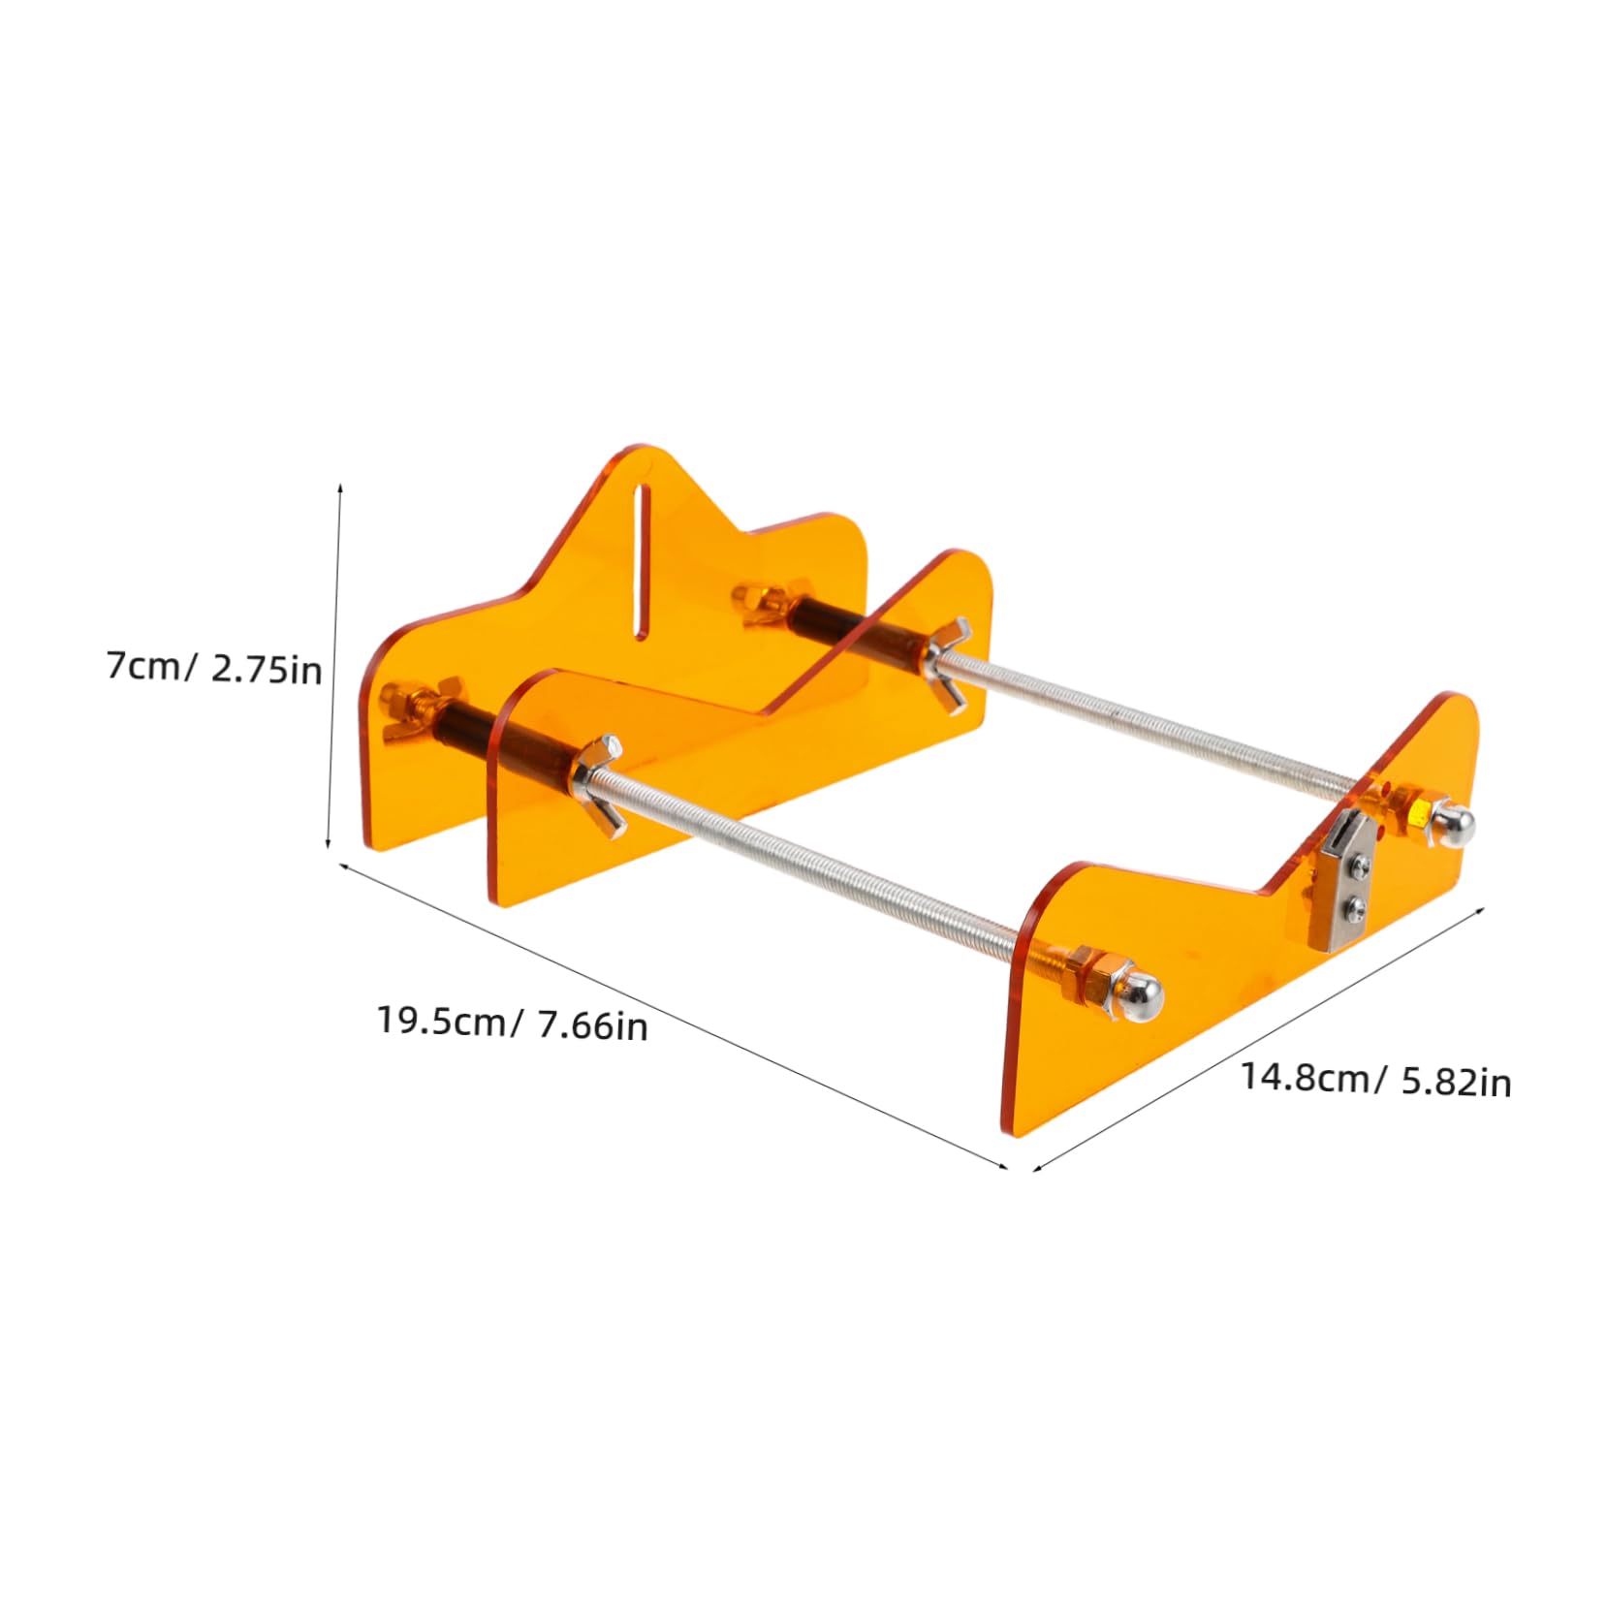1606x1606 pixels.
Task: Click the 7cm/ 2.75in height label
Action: pyautogui.click(x=214, y=668)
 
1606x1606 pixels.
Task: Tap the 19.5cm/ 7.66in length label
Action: pyautogui.click(x=512, y=1023)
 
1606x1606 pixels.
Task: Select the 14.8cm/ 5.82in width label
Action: pyautogui.click(x=1375, y=1079)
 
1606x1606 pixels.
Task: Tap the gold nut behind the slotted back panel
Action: pyautogui.click(x=765, y=601)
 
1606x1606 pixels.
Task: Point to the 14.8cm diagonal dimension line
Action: pyautogui.click(x=1260, y=1037)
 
